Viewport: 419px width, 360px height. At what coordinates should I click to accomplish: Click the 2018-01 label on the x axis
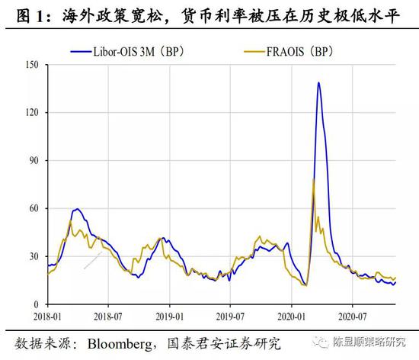[x=47, y=314]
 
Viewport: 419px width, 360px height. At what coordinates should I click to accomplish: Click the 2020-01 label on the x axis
[x=290, y=314]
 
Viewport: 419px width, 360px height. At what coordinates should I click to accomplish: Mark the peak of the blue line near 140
[x=318, y=82]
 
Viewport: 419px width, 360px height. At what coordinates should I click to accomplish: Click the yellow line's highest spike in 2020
[x=314, y=179]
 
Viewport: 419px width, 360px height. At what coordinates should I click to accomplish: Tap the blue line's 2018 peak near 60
[x=78, y=209]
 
